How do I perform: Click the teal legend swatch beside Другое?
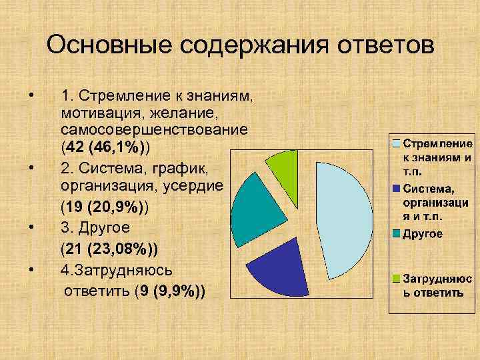pos(396,234)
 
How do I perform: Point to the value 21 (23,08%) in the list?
pos(109,251)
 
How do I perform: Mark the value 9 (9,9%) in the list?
pos(169,291)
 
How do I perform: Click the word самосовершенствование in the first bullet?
pos(154,127)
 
